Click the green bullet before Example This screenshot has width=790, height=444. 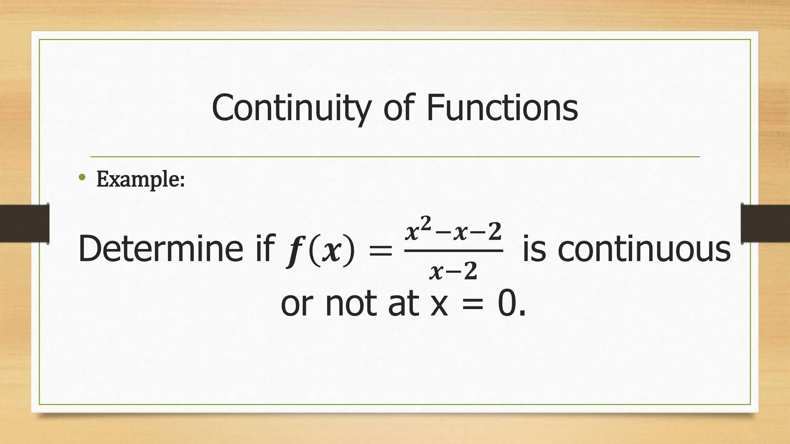(82, 177)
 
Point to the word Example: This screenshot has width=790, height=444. (140, 179)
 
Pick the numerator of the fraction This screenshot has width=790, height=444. (453, 230)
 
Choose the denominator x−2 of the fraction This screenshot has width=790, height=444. (453, 271)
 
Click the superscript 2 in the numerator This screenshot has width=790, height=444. (425, 222)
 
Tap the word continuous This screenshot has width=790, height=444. (644, 249)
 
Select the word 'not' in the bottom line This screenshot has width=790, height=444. (351, 304)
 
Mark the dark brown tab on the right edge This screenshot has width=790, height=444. (765, 224)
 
